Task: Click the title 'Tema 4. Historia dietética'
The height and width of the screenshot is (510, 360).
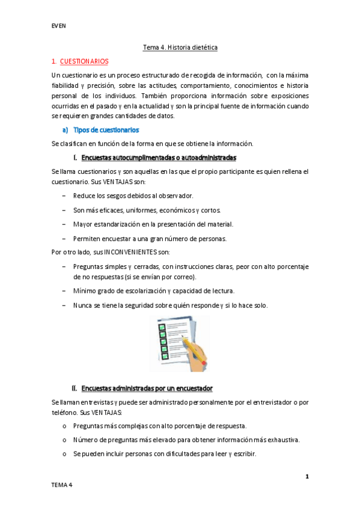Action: [180, 46]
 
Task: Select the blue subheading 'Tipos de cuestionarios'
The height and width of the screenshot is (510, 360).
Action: [106, 130]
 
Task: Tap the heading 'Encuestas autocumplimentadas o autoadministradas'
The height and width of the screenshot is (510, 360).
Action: [158, 158]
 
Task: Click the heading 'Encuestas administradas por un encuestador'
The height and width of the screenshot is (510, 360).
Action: [147, 388]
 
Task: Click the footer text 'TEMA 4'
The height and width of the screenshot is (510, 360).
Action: [61, 485]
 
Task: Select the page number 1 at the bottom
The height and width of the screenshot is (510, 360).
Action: [307, 476]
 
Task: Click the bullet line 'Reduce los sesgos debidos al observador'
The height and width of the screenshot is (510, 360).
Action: [133, 196]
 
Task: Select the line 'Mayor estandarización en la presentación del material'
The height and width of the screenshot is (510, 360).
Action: [153, 224]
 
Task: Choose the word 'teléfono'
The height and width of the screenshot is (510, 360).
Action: [66, 413]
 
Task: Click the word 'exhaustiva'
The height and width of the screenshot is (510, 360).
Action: [279, 440]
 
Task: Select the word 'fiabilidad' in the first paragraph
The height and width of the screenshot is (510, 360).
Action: [66, 85]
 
